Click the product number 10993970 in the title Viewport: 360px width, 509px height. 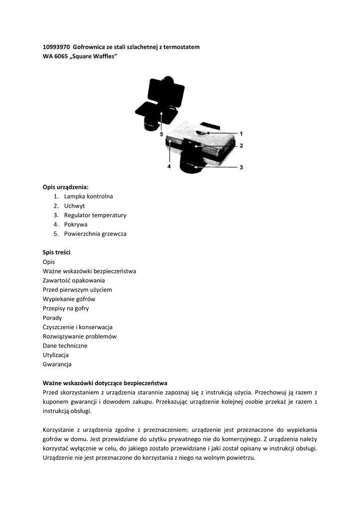click(x=56, y=47)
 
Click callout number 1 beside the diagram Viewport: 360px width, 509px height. click(x=241, y=134)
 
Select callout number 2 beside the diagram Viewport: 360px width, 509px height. click(x=241, y=146)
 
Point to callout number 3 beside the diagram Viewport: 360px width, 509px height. click(x=241, y=168)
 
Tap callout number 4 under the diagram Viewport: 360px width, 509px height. click(x=169, y=168)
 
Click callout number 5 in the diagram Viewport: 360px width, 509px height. click(x=162, y=134)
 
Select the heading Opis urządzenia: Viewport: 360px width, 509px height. click(x=65, y=187)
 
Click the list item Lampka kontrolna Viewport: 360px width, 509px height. click(x=88, y=196)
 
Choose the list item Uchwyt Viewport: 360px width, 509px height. click(x=74, y=206)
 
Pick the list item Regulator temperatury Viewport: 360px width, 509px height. click(x=95, y=215)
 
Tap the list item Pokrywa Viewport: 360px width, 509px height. click(x=76, y=225)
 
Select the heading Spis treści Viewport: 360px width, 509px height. click(x=57, y=253)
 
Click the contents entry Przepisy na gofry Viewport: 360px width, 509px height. click(x=66, y=309)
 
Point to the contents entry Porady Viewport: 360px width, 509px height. click(x=52, y=318)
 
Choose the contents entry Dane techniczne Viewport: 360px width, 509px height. click(x=65, y=345)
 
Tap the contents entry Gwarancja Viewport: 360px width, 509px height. click(x=57, y=364)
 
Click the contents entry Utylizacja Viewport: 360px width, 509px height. click(x=56, y=355)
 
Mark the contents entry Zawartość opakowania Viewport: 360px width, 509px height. click(x=74, y=280)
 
